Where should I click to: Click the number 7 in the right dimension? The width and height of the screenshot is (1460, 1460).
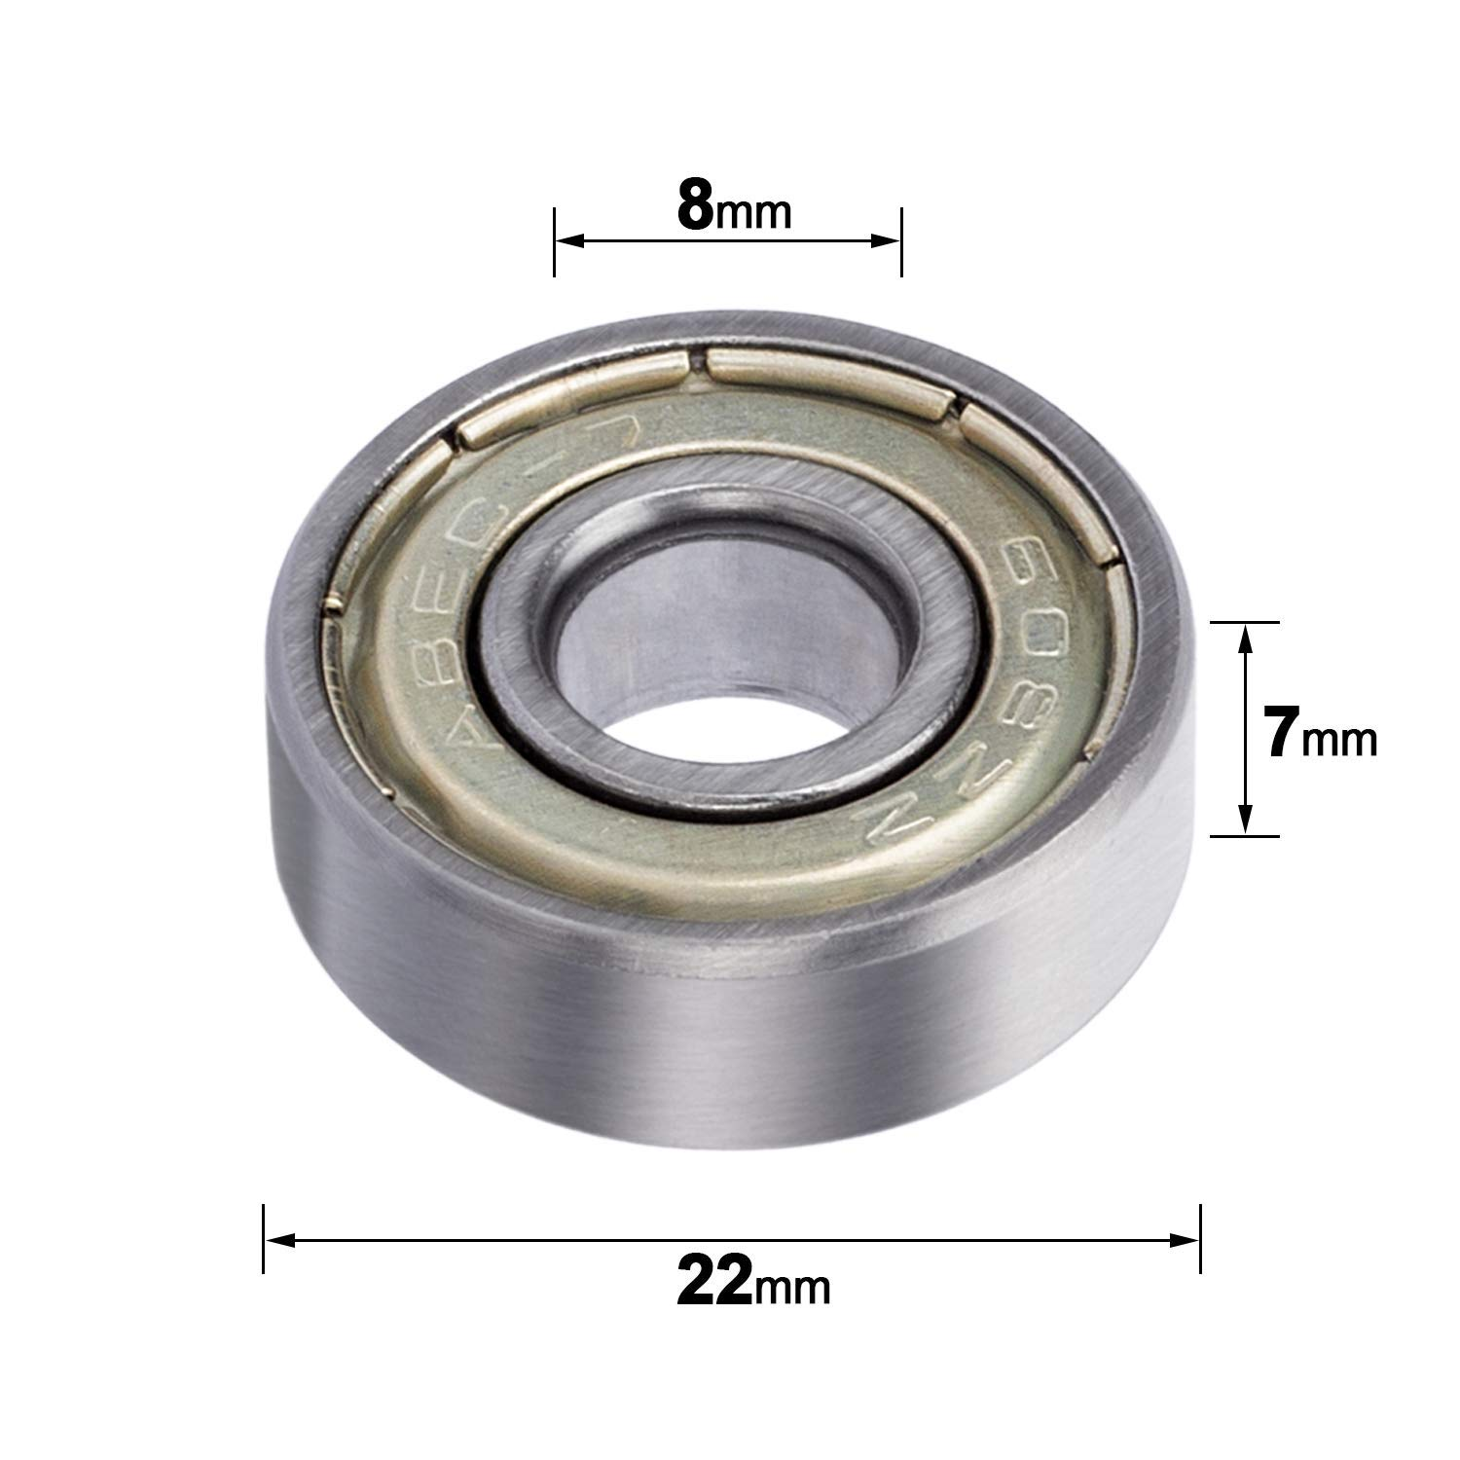point(1283,734)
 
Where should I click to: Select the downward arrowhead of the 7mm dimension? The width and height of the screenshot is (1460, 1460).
point(1245,822)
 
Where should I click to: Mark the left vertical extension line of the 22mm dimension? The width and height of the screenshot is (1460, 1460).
point(263,1238)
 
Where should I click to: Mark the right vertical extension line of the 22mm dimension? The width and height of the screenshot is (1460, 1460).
point(1201,1238)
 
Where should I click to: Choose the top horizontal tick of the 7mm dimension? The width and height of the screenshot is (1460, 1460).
point(1245,621)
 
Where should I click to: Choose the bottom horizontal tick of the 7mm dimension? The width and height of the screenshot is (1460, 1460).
point(1245,836)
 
